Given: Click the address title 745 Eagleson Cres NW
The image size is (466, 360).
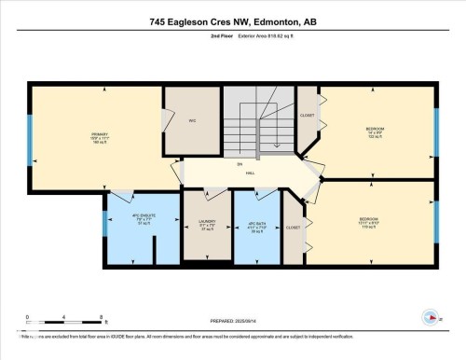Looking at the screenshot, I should [232, 21].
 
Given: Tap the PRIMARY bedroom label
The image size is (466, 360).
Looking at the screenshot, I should [100, 133].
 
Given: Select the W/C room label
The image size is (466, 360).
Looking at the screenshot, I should [190, 119].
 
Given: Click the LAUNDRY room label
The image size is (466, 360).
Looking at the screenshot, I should [206, 221].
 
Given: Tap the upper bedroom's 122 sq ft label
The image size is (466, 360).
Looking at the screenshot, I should [375, 136].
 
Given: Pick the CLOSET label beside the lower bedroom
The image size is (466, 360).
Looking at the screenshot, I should [293, 228].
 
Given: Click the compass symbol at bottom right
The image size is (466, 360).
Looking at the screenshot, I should [431, 317].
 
